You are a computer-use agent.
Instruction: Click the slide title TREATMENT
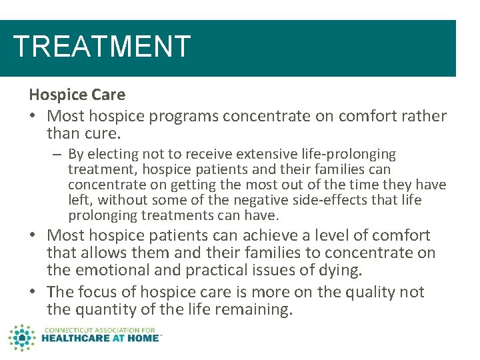click(x=102, y=47)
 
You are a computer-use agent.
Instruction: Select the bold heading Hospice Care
click(x=77, y=95)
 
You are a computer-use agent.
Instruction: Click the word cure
click(x=105, y=133)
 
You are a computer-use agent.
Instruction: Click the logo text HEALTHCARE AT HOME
click(x=101, y=338)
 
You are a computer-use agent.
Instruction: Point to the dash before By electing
click(x=59, y=155)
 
